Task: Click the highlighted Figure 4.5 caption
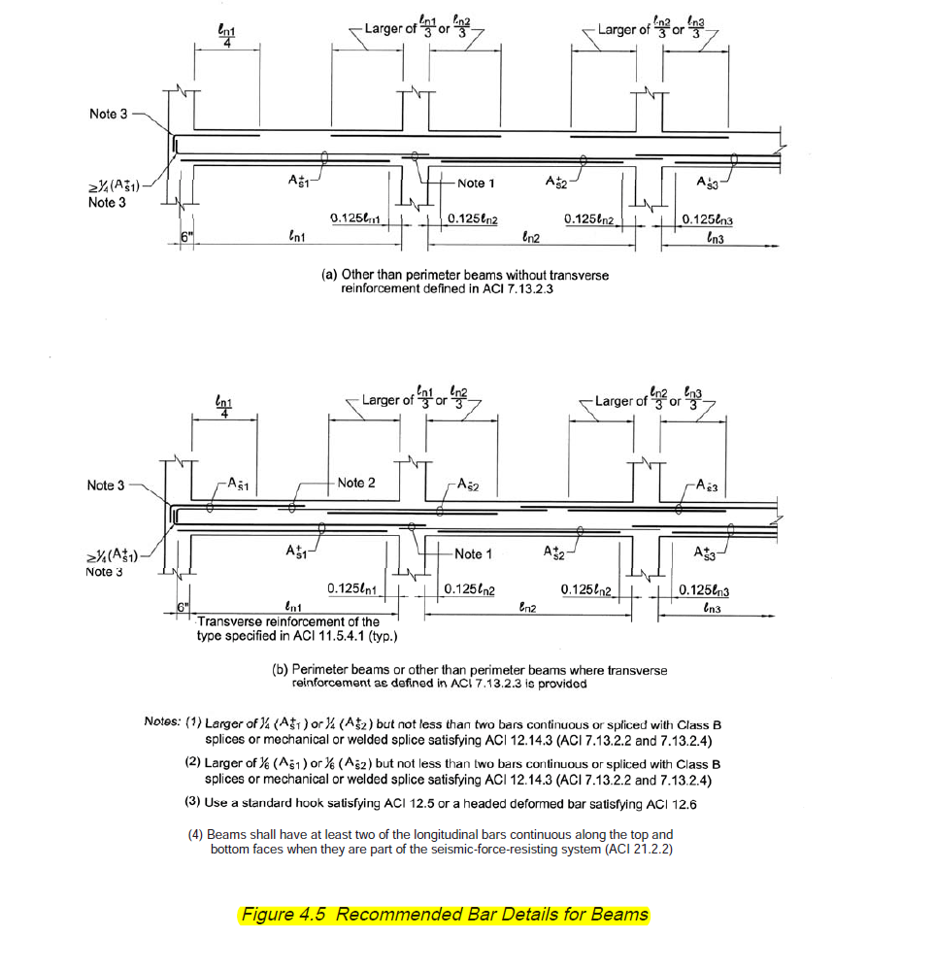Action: point(444,915)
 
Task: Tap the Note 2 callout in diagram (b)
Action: point(356,483)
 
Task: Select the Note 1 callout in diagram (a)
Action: point(476,183)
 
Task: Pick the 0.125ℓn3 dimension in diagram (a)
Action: point(707,219)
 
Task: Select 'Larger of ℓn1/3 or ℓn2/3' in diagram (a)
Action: point(419,28)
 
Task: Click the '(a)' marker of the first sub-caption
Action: point(329,275)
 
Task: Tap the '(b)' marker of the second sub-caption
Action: point(281,670)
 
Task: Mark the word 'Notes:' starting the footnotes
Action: point(162,721)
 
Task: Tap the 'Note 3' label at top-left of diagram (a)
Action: point(108,115)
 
